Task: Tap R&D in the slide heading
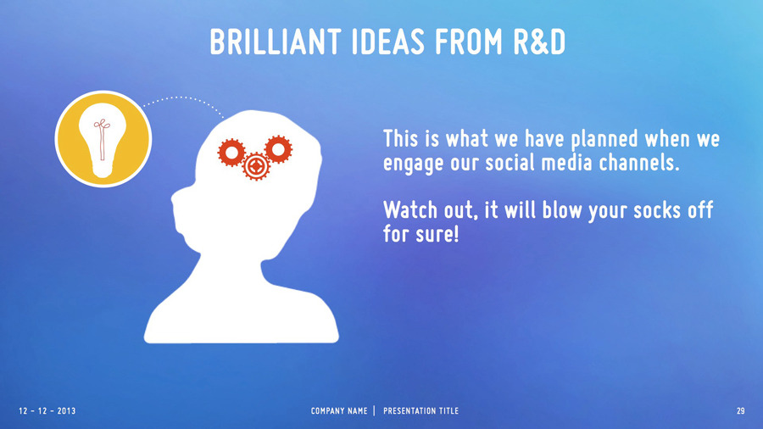point(539,42)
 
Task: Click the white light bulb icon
point(103,140)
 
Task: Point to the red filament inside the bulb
point(103,140)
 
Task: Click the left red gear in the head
point(231,153)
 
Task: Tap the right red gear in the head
point(278,149)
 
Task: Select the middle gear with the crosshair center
point(256,166)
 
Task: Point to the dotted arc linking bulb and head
point(186,97)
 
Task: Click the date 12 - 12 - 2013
point(47,411)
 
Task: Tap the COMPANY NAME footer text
point(339,411)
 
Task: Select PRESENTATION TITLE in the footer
point(420,411)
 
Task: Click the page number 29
point(741,411)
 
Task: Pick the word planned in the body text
point(604,140)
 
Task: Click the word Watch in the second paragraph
point(410,210)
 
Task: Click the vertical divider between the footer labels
point(375,411)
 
